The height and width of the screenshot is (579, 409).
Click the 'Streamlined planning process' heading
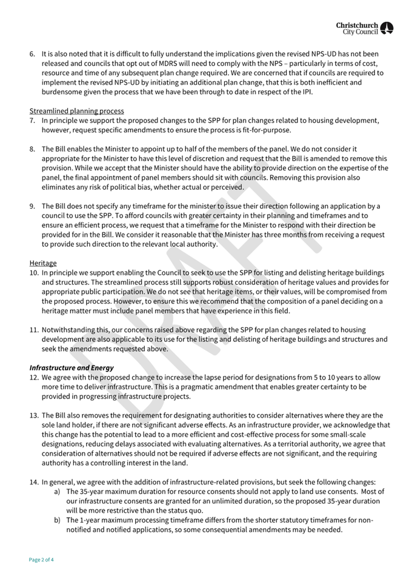pyautogui.click(x=76, y=111)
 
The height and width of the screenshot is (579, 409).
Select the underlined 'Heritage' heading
pyautogui.click(x=43, y=263)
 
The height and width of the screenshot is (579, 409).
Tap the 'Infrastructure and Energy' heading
pyautogui.click(x=71, y=367)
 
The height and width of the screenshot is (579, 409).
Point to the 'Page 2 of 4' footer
pyautogui.click(x=41, y=560)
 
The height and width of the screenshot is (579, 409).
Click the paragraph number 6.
pyautogui.click(x=32, y=54)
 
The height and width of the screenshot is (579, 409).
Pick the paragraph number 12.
pyautogui.click(x=34, y=377)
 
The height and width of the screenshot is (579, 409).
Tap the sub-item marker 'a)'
pyautogui.click(x=57, y=491)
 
